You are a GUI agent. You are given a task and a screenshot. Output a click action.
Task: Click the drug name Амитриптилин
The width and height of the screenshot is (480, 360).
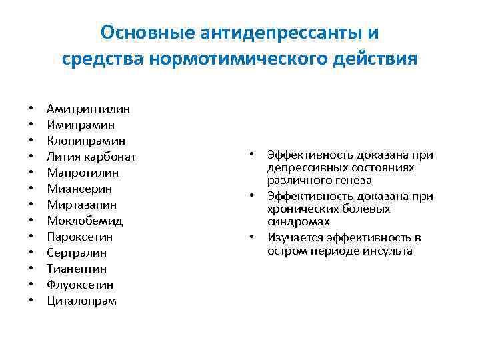(x=89, y=108)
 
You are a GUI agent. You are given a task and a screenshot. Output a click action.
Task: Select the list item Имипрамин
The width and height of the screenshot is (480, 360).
(x=81, y=124)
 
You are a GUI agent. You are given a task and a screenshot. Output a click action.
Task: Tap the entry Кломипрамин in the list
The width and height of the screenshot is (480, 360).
(x=86, y=140)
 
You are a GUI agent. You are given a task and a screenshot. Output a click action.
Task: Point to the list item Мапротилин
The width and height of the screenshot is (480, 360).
(x=83, y=173)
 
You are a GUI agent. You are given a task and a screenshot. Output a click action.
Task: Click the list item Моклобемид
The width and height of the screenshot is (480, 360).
(x=85, y=221)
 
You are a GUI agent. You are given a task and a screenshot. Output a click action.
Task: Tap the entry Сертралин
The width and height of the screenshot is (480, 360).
(x=77, y=253)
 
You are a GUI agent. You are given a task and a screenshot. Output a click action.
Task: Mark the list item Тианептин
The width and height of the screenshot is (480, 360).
(x=77, y=269)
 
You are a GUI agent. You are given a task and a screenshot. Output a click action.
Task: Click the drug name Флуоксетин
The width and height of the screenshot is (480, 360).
(x=80, y=285)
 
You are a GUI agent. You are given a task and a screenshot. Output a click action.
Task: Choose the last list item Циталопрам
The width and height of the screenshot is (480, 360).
(x=81, y=301)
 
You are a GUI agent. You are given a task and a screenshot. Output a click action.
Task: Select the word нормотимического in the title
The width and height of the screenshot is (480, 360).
(x=244, y=59)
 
